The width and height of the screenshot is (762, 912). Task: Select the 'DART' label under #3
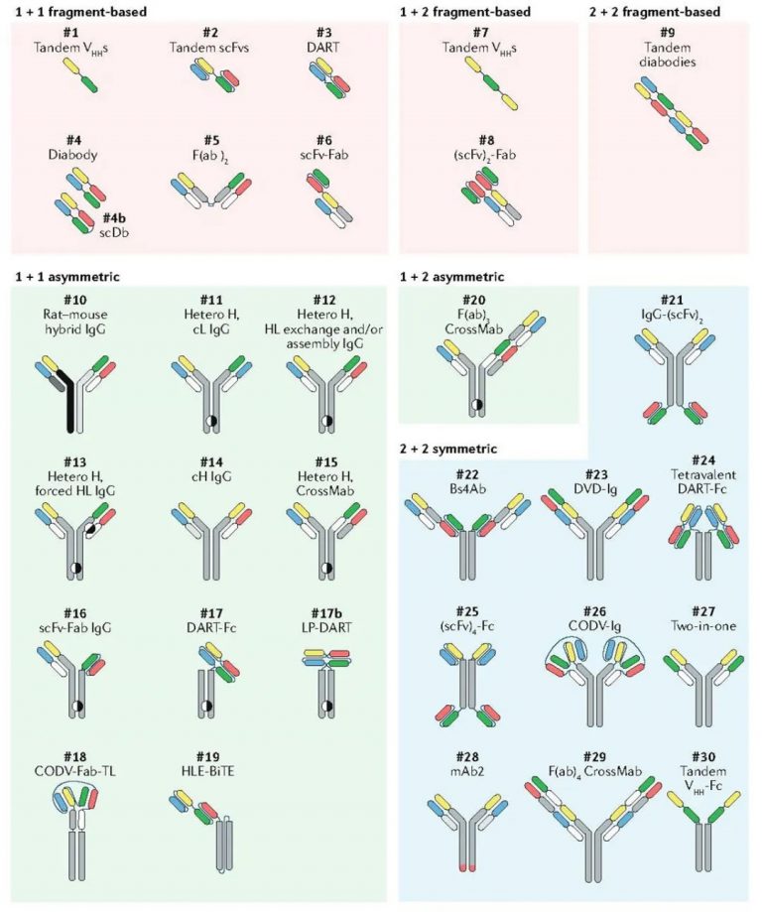tap(334, 48)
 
